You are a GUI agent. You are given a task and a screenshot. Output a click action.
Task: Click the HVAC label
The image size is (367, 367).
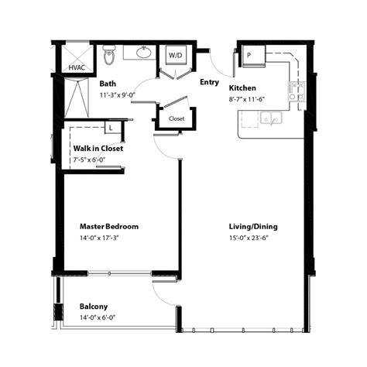77,67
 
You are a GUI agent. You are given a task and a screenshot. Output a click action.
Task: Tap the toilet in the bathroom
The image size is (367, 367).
109,57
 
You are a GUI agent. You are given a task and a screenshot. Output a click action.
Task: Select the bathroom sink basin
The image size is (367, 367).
143,53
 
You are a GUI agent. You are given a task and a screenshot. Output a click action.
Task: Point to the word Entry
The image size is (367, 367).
209,81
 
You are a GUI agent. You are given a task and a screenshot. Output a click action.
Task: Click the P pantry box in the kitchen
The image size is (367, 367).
249,56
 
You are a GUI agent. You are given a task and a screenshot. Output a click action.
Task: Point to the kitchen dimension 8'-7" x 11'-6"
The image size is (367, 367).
252,99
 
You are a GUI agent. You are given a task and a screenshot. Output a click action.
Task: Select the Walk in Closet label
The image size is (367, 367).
98,148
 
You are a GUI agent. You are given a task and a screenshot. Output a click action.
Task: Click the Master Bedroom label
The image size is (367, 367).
109,226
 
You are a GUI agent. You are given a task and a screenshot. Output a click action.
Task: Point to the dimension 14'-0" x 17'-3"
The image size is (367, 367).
104,238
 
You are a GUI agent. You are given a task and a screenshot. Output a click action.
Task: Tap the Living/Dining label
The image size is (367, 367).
252,226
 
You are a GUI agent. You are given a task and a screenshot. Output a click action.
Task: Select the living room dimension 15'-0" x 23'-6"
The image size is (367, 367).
252,238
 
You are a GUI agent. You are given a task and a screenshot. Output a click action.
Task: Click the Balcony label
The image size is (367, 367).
94,306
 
